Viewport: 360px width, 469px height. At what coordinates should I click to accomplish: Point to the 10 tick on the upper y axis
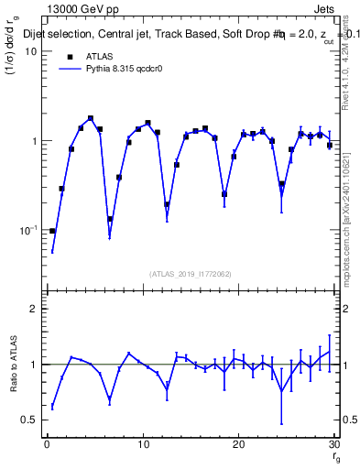pos(29,51)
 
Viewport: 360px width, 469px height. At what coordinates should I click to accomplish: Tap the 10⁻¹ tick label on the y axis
pos(27,230)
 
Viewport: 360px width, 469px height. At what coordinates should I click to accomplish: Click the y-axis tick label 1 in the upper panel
pos(34,141)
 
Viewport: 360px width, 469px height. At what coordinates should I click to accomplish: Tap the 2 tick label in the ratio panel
pos(34,310)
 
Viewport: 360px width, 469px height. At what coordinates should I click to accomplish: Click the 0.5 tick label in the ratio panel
pos(29,420)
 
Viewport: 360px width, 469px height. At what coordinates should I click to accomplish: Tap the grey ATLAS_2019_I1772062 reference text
pos(191,274)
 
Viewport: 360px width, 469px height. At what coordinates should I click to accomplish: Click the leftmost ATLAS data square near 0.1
pos(52,231)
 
